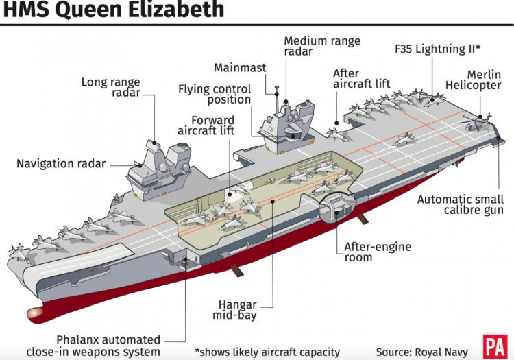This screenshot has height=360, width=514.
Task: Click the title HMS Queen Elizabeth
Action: click(112, 10)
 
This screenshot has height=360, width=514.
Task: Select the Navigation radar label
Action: click(62, 163)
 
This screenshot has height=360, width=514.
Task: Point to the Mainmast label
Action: click(239, 67)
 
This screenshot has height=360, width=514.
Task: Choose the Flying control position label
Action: click(215, 95)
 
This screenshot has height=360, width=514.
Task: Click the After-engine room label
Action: click(368, 252)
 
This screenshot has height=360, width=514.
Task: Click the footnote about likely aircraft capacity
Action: click(267, 352)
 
